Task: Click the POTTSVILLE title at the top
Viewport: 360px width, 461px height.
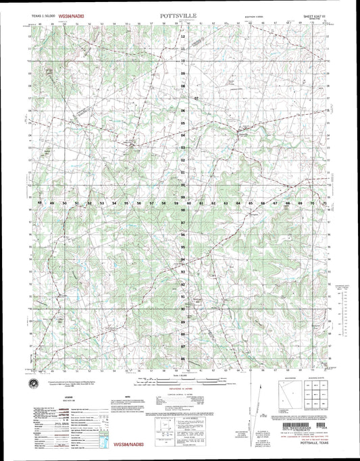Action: pos(179,13)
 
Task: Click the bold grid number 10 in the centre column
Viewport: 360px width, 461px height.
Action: pos(183,61)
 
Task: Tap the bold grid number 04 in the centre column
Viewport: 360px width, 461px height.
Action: pos(183,135)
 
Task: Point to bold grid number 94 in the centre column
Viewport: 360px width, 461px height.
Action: pos(183,259)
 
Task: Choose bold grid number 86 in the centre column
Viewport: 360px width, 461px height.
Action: pos(183,358)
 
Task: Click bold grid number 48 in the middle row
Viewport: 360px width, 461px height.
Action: pos(41,202)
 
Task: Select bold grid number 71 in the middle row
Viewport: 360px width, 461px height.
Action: pos(325,202)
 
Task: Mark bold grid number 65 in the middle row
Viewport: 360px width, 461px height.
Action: pos(251,202)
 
